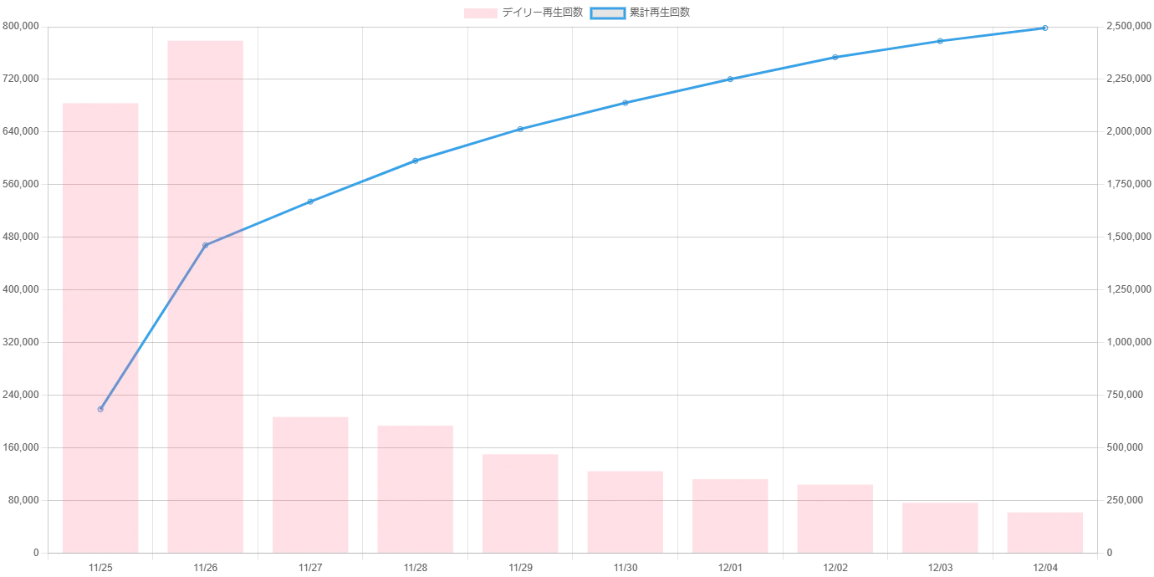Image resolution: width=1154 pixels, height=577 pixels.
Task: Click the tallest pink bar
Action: point(207,297)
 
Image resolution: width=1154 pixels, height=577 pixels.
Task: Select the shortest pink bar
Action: point(1044,532)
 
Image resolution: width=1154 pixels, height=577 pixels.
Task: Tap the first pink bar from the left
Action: point(100,327)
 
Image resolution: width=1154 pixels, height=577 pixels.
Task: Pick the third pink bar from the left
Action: point(310,484)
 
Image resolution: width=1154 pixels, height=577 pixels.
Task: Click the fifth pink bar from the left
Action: point(520,502)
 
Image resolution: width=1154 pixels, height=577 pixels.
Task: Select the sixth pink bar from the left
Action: point(625,511)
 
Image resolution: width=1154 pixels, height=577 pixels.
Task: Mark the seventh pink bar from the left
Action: point(729,514)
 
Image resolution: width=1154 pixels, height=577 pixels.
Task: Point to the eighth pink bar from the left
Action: point(835,518)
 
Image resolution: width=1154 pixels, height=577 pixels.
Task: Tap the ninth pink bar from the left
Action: point(940,528)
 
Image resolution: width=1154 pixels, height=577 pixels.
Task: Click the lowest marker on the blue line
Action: point(100,409)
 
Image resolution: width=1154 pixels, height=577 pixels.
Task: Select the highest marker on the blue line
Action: point(1044,28)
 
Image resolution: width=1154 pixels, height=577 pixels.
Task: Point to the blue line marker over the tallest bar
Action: point(207,245)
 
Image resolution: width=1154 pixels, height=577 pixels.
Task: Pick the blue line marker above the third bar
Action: point(310,201)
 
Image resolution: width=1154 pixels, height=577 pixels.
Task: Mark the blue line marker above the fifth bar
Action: point(520,129)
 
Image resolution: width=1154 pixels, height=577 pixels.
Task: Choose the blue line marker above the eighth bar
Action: point(835,57)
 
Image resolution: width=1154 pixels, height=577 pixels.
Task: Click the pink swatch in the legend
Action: point(481,13)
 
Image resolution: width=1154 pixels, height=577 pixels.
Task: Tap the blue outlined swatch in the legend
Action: point(608,13)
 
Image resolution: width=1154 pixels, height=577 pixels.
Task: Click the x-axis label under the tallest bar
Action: point(207,568)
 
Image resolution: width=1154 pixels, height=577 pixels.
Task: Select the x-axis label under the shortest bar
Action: point(1044,568)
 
